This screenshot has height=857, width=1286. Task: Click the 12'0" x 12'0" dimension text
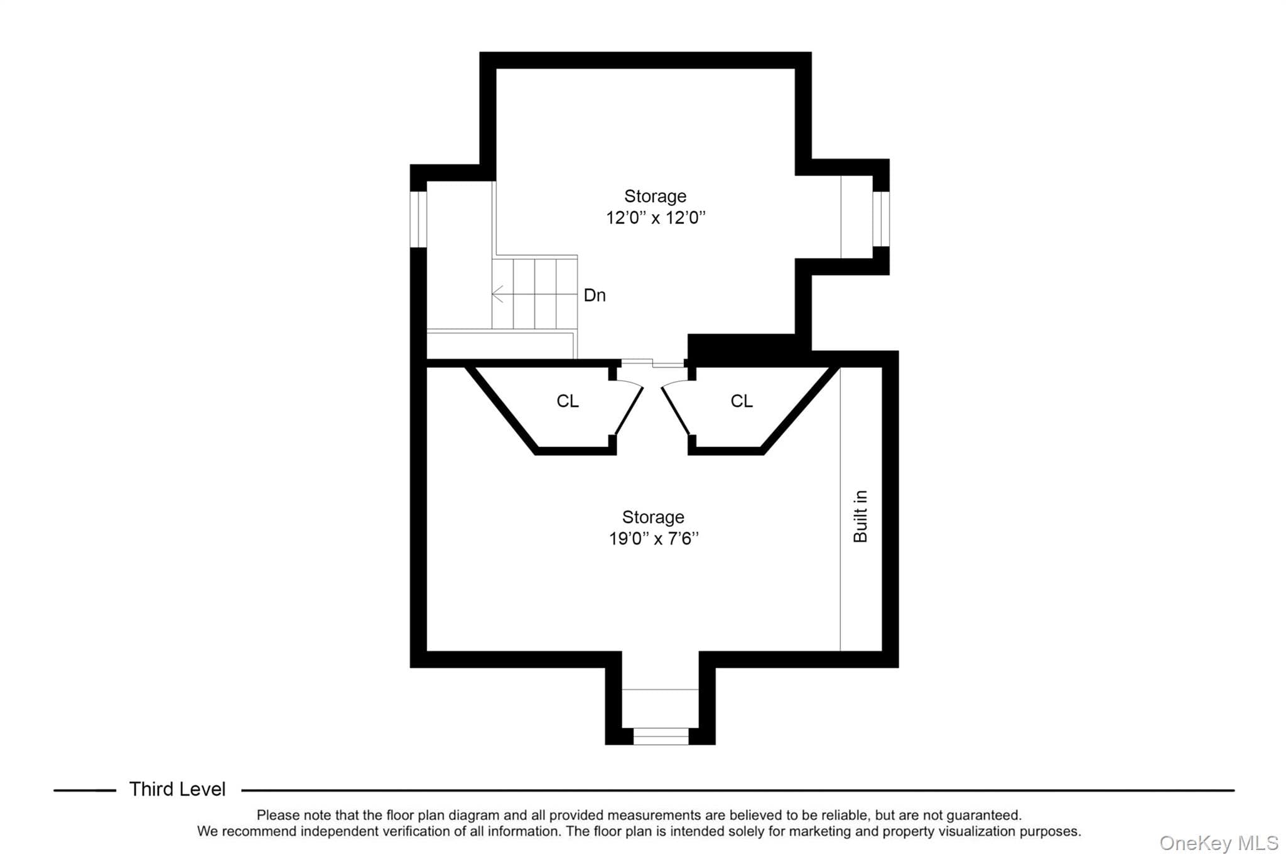[x=656, y=218]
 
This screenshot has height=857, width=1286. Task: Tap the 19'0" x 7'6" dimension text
[x=654, y=539]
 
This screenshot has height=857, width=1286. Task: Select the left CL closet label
[x=568, y=401]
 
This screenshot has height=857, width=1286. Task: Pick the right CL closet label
[x=742, y=401]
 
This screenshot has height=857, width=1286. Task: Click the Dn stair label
[x=595, y=295]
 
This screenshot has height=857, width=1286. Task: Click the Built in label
[x=860, y=516]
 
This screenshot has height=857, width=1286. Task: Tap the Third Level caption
[x=177, y=789]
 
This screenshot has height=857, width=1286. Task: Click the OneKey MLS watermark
[x=1219, y=843]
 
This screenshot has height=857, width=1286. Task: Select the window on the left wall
[x=418, y=219]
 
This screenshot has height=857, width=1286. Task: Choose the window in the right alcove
[x=881, y=218]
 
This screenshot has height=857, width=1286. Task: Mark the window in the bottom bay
[x=661, y=736]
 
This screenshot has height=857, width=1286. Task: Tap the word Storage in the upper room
[x=655, y=197]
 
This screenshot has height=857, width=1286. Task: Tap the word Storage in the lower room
[x=653, y=517]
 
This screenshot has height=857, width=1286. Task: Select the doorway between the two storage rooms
[x=652, y=362]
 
